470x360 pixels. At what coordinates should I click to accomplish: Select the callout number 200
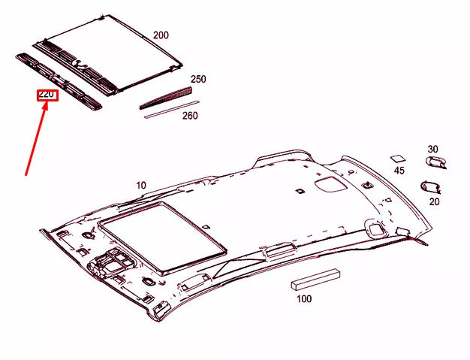pos(161,35)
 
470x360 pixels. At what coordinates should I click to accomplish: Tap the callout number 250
pos(197,79)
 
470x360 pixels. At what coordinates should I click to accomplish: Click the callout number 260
pos(190,116)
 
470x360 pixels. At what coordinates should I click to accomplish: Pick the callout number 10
pos(141,185)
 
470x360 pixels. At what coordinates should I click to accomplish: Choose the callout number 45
pos(399,171)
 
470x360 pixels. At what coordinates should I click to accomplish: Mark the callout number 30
pos(432,149)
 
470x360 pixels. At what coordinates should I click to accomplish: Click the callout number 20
pos(434,201)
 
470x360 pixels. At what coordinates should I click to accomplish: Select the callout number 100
pos(303,299)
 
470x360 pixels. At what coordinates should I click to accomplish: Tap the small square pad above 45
pos(397,159)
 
